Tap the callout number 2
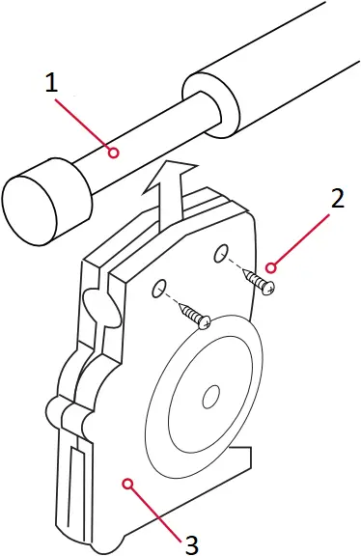point(337,200)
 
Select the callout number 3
point(191,543)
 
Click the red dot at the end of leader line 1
point(112,153)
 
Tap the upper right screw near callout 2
point(262,283)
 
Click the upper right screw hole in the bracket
point(221,254)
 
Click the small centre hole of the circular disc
point(209,396)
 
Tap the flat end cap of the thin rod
point(29,202)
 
